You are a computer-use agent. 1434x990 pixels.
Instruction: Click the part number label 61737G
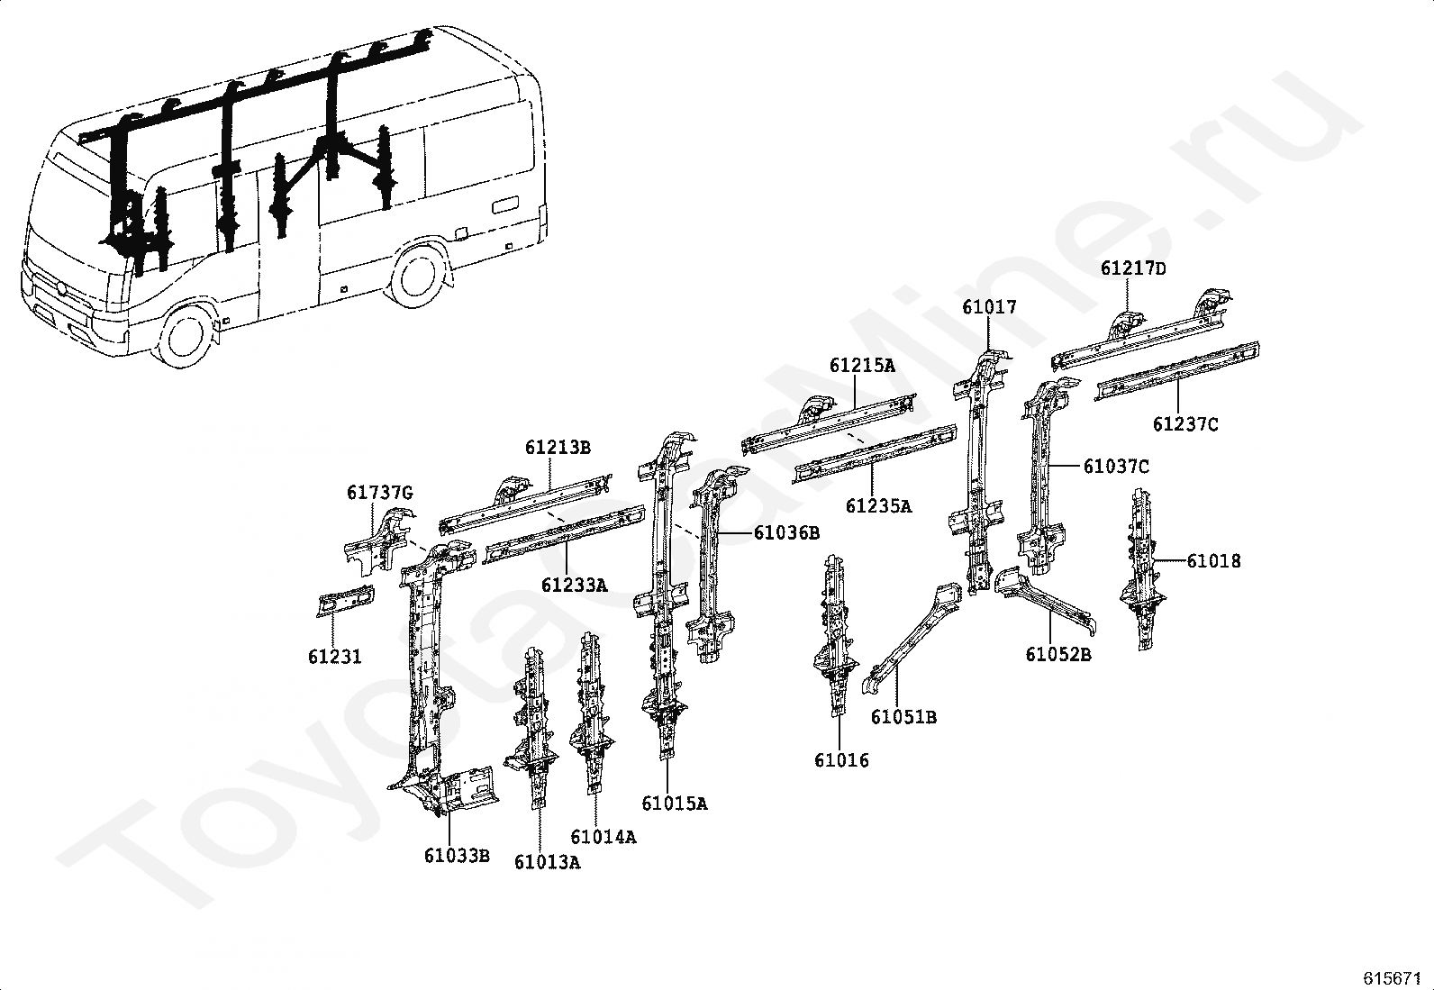[379, 493]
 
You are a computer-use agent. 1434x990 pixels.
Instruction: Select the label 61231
[334, 657]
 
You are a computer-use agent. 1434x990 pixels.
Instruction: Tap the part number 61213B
[558, 448]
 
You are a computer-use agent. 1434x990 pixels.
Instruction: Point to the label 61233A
[574, 586]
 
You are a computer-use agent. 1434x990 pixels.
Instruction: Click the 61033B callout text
[457, 855]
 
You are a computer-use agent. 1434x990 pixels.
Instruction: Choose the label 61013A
[547, 862]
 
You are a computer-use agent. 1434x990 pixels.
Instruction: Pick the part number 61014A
[603, 837]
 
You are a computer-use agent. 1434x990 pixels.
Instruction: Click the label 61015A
[674, 804]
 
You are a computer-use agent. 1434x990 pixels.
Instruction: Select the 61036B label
[786, 532]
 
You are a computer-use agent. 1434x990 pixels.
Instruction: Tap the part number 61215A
[862, 366]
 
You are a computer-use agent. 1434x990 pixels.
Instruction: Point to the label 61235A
[878, 506]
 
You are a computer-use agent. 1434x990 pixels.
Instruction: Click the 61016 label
[841, 760]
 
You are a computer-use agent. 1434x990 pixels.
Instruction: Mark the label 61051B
[903, 717]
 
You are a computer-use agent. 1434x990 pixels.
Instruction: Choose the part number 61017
[989, 307]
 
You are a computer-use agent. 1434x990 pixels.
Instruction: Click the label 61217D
[1132, 268]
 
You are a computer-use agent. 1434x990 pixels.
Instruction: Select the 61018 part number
[1213, 561]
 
